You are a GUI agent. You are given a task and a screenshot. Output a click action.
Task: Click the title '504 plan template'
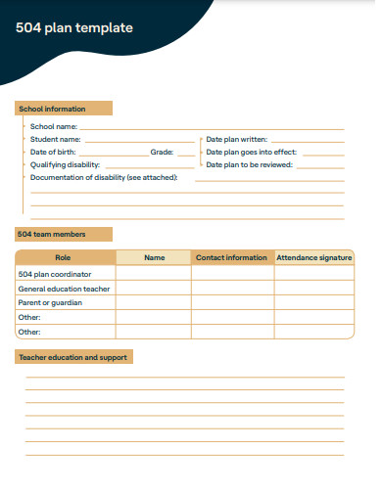(74, 28)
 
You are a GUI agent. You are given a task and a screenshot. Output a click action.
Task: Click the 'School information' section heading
(53, 109)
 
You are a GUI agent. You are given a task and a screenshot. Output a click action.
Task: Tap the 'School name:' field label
(54, 126)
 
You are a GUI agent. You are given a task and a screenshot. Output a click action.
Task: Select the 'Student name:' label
(56, 140)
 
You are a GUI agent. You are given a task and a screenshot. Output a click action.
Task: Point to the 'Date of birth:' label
(53, 153)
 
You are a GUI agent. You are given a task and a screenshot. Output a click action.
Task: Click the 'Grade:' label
(162, 153)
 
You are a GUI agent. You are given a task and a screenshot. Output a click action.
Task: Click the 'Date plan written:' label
(236, 140)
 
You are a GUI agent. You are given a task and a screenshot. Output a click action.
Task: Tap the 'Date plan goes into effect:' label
(252, 153)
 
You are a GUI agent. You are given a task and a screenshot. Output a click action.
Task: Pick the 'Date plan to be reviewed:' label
(250, 165)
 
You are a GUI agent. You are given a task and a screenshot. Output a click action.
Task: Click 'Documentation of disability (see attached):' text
(104, 177)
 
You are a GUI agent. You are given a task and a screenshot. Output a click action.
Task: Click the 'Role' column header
(64, 257)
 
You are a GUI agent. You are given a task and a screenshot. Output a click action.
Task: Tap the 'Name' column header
(154, 257)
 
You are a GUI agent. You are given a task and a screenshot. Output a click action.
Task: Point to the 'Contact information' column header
(231, 257)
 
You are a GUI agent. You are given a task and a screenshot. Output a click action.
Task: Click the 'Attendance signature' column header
(313, 257)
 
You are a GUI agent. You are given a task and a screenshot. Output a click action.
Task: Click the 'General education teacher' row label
(65, 289)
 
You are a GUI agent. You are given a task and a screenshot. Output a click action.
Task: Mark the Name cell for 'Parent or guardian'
(154, 302)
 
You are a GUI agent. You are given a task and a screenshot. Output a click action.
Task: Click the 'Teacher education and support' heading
(73, 357)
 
